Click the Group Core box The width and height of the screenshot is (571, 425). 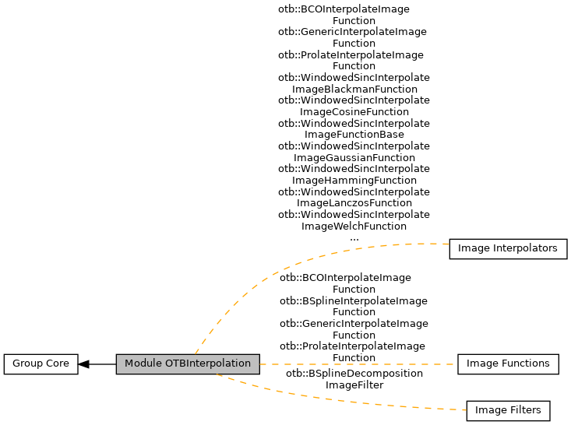coord(41,364)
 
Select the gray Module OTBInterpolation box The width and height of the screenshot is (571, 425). coord(188,364)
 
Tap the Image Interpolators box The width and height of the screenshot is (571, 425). coord(508,249)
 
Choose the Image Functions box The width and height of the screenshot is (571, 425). coord(508,364)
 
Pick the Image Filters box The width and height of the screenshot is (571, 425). coord(508,410)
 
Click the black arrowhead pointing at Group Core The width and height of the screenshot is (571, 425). coord(84,364)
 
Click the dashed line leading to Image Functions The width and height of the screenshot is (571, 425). coord(358,364)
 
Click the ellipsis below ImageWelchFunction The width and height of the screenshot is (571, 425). coord(354,238)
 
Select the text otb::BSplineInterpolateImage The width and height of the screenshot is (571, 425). coord(354,300)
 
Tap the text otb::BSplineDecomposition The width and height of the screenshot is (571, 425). coord(354,374)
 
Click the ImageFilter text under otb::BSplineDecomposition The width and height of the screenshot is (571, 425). coord(354,385)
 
